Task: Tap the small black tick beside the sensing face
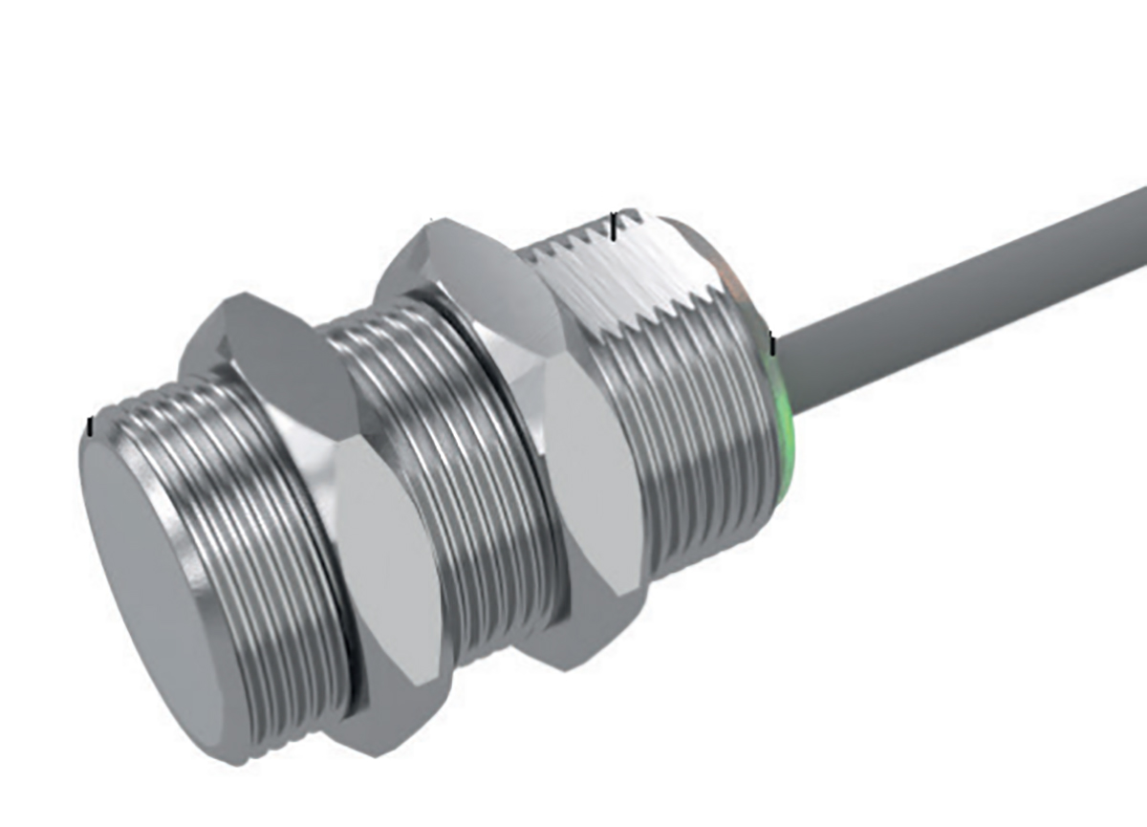coord(90,426)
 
